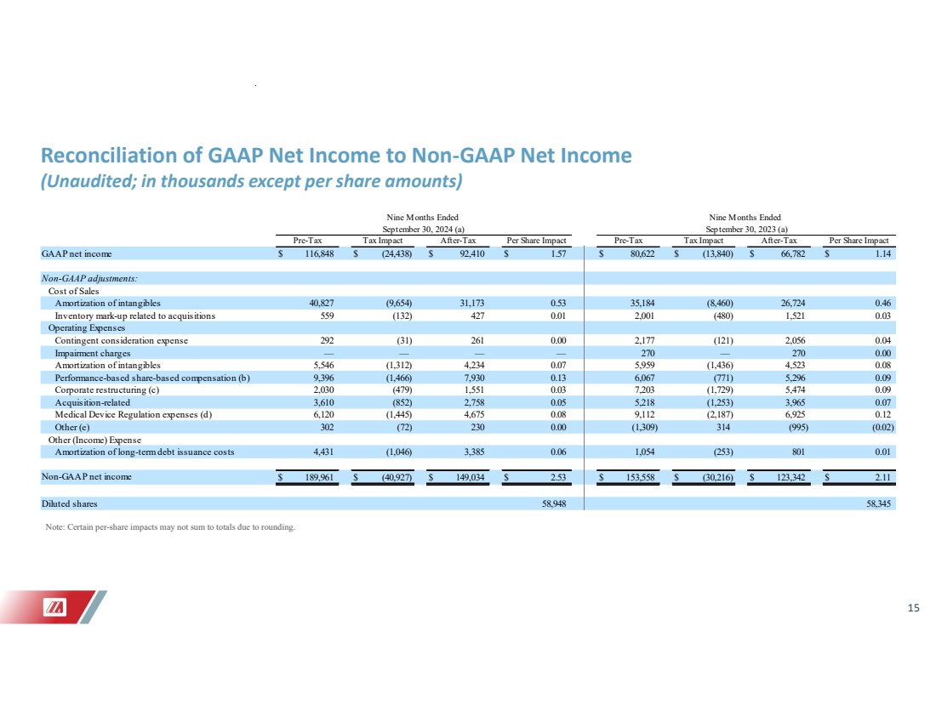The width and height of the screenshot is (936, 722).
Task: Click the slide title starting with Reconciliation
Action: point(336,156)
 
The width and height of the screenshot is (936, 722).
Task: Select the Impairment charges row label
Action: point(93,352)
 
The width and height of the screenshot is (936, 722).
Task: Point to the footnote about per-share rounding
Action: point(170,527)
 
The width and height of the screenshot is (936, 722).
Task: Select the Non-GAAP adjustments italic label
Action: point(89,278)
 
